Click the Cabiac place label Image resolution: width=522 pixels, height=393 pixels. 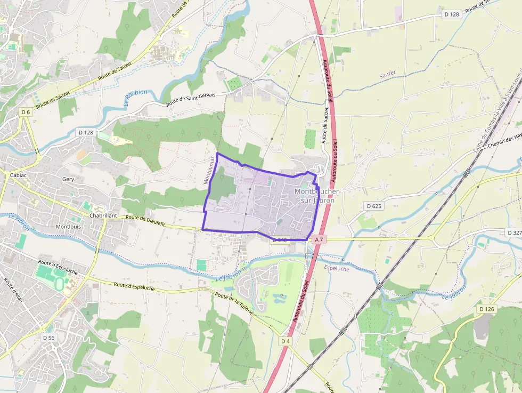point(19,174)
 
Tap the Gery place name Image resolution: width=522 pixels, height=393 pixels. point(68,180)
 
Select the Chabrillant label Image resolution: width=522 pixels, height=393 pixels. point(103,215)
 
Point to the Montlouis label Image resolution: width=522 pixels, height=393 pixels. point(69,226)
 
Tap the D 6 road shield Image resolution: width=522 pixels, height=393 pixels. point(25,112)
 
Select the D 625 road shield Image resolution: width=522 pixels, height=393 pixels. point(374,205)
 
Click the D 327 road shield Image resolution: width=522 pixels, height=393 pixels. point(514,232)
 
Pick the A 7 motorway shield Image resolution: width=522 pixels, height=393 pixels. point(319,240)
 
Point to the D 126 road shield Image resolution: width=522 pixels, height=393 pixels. point(487,309)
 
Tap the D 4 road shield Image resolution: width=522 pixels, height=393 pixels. point(286,341)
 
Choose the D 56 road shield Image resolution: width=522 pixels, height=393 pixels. point(48,338)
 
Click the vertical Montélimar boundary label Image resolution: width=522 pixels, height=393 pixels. point(208,170)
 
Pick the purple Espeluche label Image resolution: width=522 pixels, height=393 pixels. point(336,269)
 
